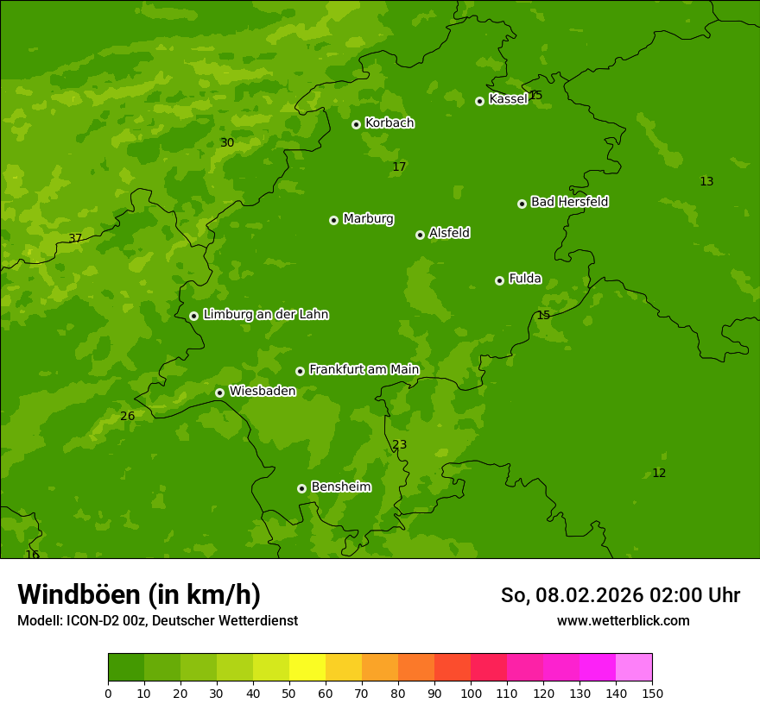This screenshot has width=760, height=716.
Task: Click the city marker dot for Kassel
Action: [479, 101]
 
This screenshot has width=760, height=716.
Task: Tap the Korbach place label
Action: [389, 123]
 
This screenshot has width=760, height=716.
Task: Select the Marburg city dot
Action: [333, 220]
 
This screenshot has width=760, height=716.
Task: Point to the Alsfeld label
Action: [449, 233]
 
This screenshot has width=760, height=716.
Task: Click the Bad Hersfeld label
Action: [569, 202]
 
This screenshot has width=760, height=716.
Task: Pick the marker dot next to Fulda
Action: [499, 280]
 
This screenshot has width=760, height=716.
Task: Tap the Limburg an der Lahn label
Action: [265, 315]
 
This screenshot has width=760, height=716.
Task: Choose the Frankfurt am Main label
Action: [364, 369]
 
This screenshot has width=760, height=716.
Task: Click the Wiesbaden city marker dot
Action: [219, 393]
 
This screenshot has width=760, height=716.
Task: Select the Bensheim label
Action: [340, 487]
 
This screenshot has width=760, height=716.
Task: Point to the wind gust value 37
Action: [75, 238]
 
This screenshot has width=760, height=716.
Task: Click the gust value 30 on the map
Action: [227, 142]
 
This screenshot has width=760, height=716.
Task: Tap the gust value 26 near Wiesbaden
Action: [128, 416]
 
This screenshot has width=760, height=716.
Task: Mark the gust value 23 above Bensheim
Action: [400, 444]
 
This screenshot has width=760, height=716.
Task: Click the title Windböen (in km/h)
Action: [139, 594]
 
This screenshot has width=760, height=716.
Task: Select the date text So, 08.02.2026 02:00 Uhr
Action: [620, 595]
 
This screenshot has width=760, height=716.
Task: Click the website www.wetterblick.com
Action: [623, 621]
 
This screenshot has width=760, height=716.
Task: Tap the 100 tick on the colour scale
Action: [471, 693]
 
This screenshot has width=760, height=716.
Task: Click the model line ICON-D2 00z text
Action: [157, 621]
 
